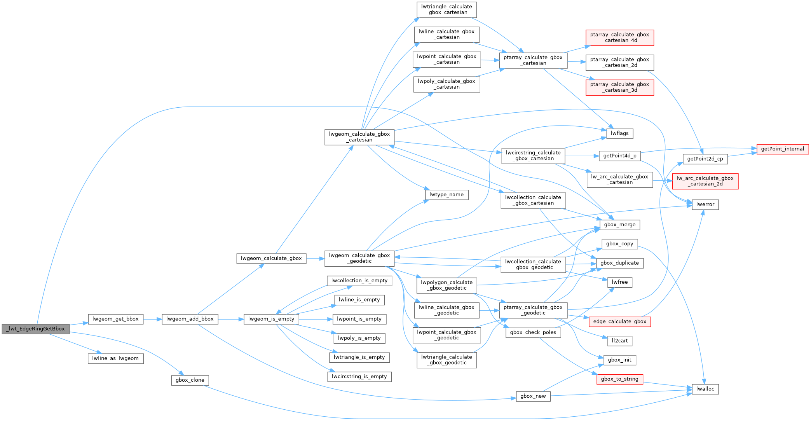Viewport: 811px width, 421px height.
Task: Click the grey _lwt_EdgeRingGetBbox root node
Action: pyautogui.click(x=36, y=329)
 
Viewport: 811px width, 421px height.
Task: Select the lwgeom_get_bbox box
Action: pyautogui.click(x=115, y=319)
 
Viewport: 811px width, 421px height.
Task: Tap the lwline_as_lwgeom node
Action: pyautogui.click(x=115, y=358)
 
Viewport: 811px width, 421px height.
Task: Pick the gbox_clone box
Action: pyautogui.click(x=190, y=380)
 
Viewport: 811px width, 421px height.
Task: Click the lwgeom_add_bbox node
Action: pyautogui.click(x=190, y=319)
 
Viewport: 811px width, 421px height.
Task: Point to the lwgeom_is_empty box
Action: pyautogui.click(x=271, y=319)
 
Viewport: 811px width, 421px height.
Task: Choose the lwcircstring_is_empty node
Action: pyautogui.click(x=359, y=377)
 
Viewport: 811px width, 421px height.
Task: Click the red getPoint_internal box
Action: pyautogui.click(x=782, y=149)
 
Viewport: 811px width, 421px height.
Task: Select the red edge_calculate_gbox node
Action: pyautogui.click(x=619, y=321)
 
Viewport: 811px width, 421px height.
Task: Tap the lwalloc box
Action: pyautogui.click(x=705, y=389)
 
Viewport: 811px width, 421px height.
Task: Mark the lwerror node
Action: pyautogui.click(x=705, y=204)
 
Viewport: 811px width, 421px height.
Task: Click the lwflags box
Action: pyautogui.click(x=619, y=134)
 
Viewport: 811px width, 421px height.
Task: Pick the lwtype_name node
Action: pyautogui.click(x=446, y=195)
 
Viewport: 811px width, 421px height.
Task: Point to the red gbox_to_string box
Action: pyautogui.click(x=619, y=379)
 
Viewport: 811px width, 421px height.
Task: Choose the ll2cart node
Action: pyautogui.click(x=619, y=341)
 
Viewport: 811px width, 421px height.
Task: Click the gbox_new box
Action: pyautogui.click(x=533, y=397)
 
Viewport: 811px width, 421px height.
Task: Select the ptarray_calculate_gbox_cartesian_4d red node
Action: pyautogui.click(x=619, y=38)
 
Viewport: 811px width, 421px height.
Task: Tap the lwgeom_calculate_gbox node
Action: pyautogui.click(x=271, y=259)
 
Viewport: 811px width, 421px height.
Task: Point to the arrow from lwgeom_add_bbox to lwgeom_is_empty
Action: pyautogui.click(x=231, y=319)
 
